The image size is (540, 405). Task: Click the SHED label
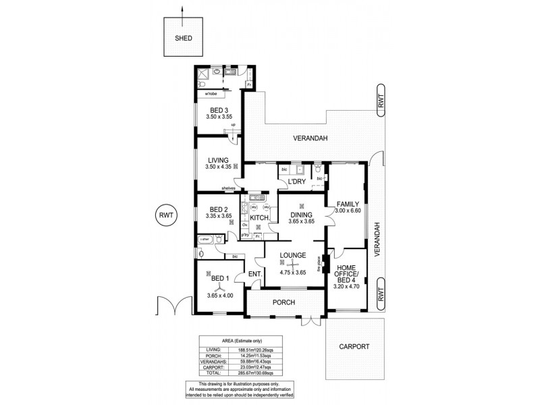(184, 38)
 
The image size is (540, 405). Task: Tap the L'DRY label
(298, 183)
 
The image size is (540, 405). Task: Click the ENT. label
(254, 273)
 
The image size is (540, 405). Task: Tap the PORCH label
(284, 302)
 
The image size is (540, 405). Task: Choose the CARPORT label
(354, 346)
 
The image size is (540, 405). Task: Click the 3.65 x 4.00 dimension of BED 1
(219, 296)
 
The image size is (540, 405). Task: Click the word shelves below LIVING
(228, 188)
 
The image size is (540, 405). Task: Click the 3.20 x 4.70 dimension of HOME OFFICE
(348, 286)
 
